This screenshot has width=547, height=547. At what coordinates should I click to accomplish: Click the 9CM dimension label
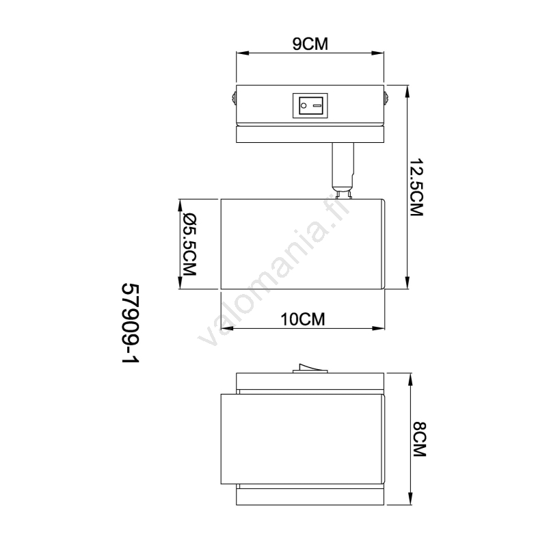(310, 44)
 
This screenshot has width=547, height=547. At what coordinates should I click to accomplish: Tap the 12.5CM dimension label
(416, 187)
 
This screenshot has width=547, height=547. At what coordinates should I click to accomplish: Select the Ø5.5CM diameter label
(190, 244)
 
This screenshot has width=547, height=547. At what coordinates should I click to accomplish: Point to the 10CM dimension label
(303, 319)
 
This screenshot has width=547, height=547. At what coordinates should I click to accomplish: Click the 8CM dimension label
(419, 439)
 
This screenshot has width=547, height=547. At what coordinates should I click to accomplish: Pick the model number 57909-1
(131, 323)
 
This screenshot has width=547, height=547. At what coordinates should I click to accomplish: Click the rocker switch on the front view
(310, 105)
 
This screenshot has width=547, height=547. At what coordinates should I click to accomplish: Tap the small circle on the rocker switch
(304, 105)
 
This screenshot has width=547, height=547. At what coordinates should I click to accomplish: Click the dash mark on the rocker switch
(317, 105)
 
